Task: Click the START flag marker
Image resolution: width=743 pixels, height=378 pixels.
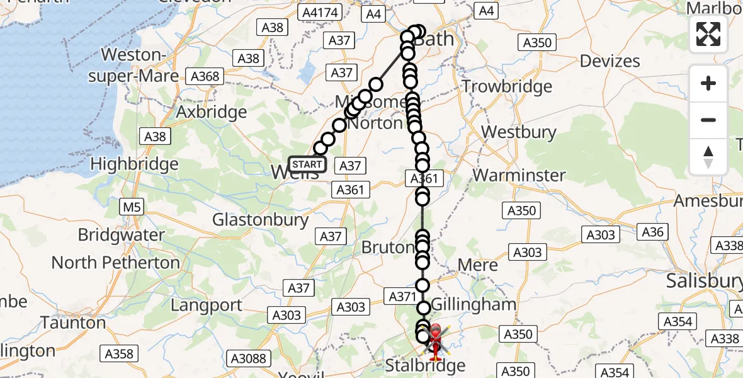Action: (307, 165)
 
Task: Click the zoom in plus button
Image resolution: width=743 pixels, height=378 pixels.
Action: (708, 83)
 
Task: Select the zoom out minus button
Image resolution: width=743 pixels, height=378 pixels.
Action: (708, 120)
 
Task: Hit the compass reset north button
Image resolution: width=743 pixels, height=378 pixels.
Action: (708, 157)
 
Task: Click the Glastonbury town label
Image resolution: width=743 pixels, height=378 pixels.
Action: (260, 220)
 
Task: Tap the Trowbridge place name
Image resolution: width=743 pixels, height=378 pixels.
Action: (507, 86)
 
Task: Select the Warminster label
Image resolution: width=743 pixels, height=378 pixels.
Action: (519, 175)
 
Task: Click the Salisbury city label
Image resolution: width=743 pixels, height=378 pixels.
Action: (704, 281)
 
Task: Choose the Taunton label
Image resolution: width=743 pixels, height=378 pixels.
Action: (73, 323)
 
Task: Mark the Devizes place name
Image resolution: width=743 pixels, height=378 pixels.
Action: (610, 61)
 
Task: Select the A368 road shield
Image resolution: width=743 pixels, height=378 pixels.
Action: (205, 77)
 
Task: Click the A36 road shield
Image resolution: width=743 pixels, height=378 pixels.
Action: (652, 232)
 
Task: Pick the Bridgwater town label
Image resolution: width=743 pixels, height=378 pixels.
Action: (121, 235)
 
